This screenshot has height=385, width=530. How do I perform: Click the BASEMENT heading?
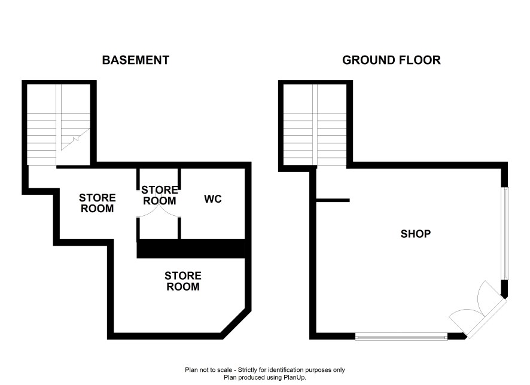click(136, 60)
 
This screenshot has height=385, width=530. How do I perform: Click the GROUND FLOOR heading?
click(391, 60)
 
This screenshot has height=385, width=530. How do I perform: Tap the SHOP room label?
click(415, 234)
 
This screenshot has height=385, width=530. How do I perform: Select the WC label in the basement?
click(213, 199)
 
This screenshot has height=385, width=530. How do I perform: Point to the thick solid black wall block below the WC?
click(191, 249)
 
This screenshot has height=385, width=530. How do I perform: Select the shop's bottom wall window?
click(401, 337)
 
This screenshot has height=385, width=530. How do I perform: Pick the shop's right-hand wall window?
click(505, 233)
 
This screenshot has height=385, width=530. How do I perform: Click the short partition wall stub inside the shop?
click(333, 201)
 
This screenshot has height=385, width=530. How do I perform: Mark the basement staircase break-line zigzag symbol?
click(76, 139)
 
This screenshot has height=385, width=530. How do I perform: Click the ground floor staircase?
click(315, 124)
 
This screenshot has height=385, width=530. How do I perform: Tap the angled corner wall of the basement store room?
click(236, 323)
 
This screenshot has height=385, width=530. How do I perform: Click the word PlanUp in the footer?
click(295, 377)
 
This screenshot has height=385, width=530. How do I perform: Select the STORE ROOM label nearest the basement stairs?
click(98, 203)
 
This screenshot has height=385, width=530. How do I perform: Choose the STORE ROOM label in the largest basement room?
click(183, 282)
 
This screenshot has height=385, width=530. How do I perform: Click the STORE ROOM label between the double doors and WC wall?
click(159, 195)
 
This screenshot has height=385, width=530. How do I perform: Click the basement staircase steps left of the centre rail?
click(42, 139)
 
